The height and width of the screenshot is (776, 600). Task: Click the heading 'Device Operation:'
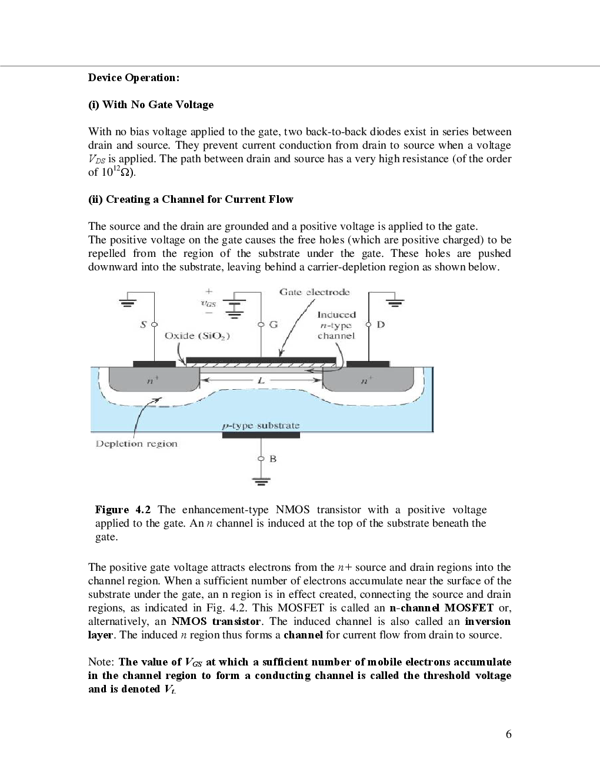[133, 78]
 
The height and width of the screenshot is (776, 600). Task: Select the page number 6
[508, 734]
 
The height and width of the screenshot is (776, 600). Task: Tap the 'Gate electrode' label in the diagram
[314, 292]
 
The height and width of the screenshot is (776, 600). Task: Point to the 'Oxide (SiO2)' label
[197, 336]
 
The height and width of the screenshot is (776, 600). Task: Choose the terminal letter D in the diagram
[381, 324]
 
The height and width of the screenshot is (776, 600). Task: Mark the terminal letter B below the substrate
[272, 459]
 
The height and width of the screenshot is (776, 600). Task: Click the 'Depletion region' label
[136, 444]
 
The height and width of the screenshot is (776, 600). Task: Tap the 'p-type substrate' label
[261, 425]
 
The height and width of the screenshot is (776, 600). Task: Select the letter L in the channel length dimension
[261, 381]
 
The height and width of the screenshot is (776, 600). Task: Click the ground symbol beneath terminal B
[262, 481]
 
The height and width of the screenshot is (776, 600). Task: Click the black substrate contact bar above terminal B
[261, 434]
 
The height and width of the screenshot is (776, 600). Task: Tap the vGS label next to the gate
[208, 302]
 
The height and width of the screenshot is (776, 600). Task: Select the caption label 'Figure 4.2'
[124, 510]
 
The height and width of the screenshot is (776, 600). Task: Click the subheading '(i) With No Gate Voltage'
[151, 105]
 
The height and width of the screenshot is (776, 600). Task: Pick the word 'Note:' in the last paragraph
[101, 662]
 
